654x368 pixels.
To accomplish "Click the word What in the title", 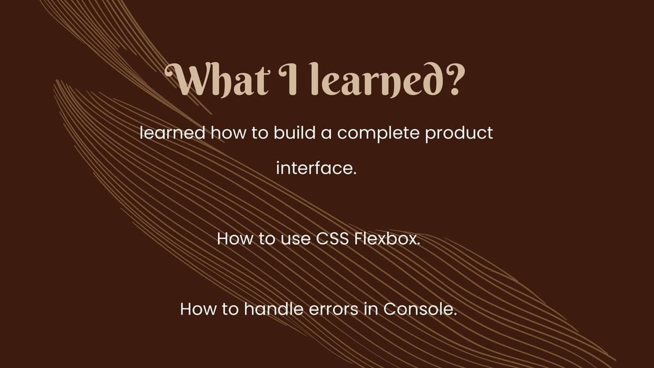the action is (x=216, y=80).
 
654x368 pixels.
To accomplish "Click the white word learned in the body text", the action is (x=173, y=133).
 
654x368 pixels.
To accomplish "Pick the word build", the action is (x=295, y=133).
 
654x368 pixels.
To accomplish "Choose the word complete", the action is (x=378, y=134).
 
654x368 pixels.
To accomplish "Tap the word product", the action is (x=459, y=134).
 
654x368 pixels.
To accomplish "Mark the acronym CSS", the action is (x=332, y=239).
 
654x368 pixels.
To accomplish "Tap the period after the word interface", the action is (x=355, y=174).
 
